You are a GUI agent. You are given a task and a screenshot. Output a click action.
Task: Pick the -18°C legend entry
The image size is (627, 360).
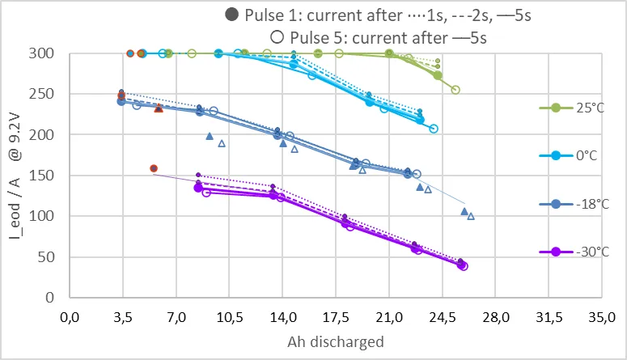click(x=574, y=204)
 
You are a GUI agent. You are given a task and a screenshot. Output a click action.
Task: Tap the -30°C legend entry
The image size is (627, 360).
click(x=574, y=252)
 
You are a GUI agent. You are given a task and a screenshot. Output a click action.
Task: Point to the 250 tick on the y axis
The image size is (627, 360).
click(x=41, y=94)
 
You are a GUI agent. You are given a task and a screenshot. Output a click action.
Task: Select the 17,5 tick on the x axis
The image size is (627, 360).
click(x=336, y=318)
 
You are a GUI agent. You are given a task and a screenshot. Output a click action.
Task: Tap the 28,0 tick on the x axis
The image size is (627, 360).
click(x=495, y=318)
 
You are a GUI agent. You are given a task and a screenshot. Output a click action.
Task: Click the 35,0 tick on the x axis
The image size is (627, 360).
click(x=602, y=318)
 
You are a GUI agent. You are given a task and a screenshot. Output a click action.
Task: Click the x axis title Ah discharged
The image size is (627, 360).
click(x=336, y=342)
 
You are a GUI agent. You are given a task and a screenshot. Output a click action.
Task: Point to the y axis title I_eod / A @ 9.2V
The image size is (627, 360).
click(x=15, y=176)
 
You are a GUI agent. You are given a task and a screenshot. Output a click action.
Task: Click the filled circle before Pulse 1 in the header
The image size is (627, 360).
click(x=232, y=15)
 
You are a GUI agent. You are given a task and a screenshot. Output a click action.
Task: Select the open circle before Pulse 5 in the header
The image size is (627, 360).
click(x=277, y=37)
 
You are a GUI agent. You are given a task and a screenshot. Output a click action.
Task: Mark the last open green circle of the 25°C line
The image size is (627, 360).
click(x=455, y=90)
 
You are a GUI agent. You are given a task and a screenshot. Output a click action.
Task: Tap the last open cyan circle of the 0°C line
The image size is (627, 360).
click(x=434, y=129)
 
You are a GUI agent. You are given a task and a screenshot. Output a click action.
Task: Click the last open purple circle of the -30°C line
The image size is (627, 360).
click(x=464, y=266)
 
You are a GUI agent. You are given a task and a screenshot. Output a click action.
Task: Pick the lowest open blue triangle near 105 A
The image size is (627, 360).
click(x=471, y=216)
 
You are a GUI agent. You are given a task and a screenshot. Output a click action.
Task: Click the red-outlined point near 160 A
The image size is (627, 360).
click(x=154, y=168)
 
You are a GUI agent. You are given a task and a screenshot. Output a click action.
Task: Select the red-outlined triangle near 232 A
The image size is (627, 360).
click(x=159, y=108)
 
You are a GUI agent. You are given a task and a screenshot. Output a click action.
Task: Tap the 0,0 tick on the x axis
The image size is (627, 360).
click(x=70, y=318)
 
